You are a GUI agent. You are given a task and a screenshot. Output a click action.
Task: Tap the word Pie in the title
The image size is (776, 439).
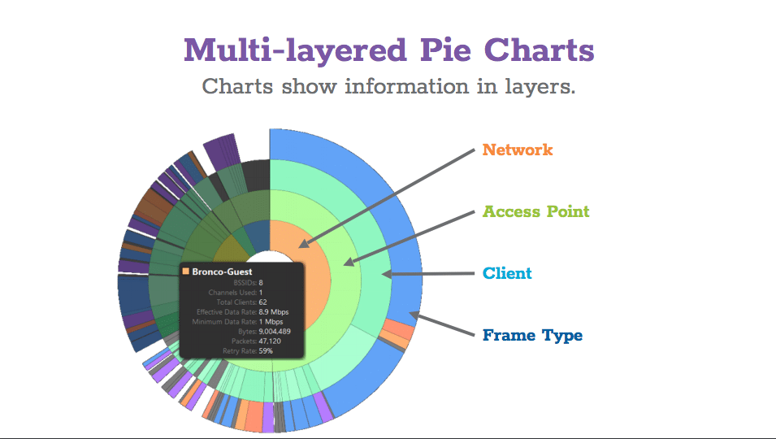(x=445, y=50)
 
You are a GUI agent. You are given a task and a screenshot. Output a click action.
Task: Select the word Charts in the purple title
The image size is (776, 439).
(x=539, y=50)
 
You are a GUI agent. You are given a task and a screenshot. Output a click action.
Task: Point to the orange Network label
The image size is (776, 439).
(x=518, y=150)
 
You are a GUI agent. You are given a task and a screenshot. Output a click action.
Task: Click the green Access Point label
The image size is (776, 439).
(x=536, y=211)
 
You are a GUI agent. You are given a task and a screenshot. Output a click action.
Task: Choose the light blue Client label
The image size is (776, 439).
(x=507, y=273)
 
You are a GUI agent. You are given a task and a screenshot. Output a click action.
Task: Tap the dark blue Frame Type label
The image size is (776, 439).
(x=532, y=335)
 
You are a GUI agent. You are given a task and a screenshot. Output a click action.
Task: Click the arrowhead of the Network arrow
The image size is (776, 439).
(x=304, y=244)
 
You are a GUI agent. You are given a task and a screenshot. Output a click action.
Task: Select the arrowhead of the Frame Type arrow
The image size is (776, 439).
(x=414, y=315)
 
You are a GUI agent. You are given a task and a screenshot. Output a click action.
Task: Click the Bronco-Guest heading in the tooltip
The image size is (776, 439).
(x=222, y=272)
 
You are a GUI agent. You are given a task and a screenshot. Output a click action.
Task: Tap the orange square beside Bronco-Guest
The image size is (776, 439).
(x=186, y=272)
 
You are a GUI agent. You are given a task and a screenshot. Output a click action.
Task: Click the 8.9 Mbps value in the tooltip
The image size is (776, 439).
(x=274, y=312)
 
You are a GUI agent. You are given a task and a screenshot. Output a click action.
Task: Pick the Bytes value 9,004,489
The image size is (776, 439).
(x=275, y=332)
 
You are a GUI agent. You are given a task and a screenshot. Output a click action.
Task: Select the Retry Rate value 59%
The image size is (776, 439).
(x=266, y=351)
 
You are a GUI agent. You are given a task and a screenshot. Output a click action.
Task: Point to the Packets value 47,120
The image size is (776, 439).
(x=270, y=341)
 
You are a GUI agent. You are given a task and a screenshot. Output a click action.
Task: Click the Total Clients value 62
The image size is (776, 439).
(x=262, y=302)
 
